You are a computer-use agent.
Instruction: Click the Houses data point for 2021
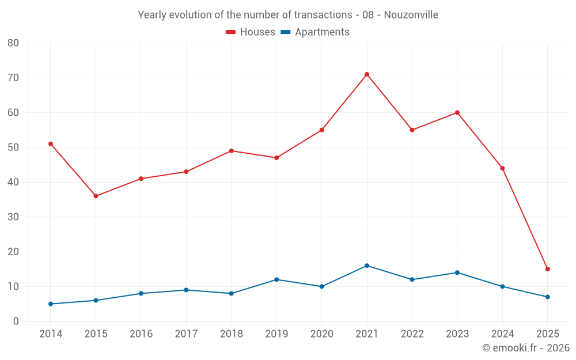pyautogui.click(x=367, y=74)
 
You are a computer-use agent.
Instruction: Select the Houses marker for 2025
pyautogui.click(x=548, y=269)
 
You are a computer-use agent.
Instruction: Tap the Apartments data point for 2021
pyautogui.click(x=367, y=266)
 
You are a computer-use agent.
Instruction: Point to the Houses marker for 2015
pyautogui.click(x=96, y=196)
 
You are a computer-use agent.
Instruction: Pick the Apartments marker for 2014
pyautogui.click(x=51, y=304)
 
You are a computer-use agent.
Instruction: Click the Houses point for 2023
pyautogui.click(x=457, y=112)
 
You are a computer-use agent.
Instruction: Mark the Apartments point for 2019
pyautogui.click(x=276, y=279)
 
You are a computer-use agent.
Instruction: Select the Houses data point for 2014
pyautogui.click(x=51, y=144)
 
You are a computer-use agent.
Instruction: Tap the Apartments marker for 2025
pyautogui.click(x=548, y=297)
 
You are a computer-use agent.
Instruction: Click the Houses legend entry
pyautogui.click(x=251, y=32)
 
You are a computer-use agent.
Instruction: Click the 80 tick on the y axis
pyautogui.click(x=13, y=43)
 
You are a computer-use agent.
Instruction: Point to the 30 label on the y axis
pyautogui.click(x=13, y=217)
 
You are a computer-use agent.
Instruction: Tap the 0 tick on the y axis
pyautogui.click(x=16, y=321)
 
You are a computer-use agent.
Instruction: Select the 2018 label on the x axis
pyautogui.click(x=232, y=334)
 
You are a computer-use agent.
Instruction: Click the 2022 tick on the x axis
pyautogui.click(x=412, y=334)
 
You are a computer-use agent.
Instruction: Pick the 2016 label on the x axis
pyautogui.click(x=141, y=334)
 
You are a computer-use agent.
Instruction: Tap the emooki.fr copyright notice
pyautogui.click(x=525, y=348)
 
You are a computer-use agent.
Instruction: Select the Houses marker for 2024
pyautogui.click(x=502, y=168)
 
